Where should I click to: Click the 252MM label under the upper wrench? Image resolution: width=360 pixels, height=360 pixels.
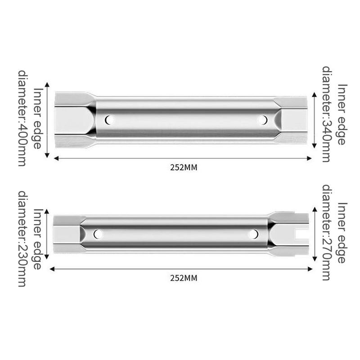[184, 167]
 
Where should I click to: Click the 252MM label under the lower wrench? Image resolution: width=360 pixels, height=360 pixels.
[184, 278]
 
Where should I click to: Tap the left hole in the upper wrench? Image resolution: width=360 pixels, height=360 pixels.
[109, 120]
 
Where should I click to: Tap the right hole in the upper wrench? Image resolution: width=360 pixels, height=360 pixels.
[262, 120]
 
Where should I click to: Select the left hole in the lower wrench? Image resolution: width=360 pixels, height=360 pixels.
[98, 234]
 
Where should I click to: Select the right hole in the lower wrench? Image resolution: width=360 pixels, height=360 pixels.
[254, 234]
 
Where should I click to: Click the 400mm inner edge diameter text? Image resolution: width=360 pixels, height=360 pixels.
[30, 118]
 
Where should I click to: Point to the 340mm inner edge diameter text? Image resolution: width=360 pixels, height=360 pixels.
[334, 114]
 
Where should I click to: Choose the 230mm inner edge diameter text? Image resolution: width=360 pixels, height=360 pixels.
[30, 239]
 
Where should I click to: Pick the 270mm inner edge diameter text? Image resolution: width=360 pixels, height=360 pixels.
[334, 232]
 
